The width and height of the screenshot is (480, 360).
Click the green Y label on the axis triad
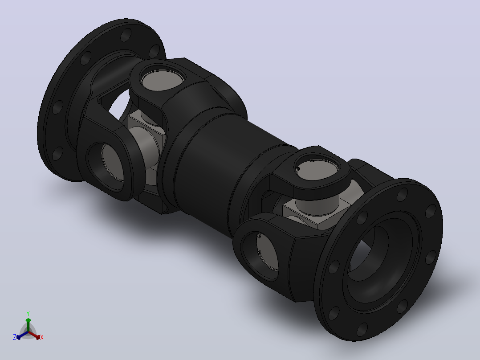click(28, 313)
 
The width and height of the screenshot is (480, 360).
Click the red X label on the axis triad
click(42, 337)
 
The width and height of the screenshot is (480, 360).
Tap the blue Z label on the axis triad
click(15, 337)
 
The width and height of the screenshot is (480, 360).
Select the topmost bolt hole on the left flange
click(126, 35)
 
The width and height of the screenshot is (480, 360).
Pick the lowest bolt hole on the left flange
click(57, 154)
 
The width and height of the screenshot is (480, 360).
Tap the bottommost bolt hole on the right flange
click(362, 329)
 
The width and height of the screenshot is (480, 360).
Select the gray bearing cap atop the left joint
click(163, 80)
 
